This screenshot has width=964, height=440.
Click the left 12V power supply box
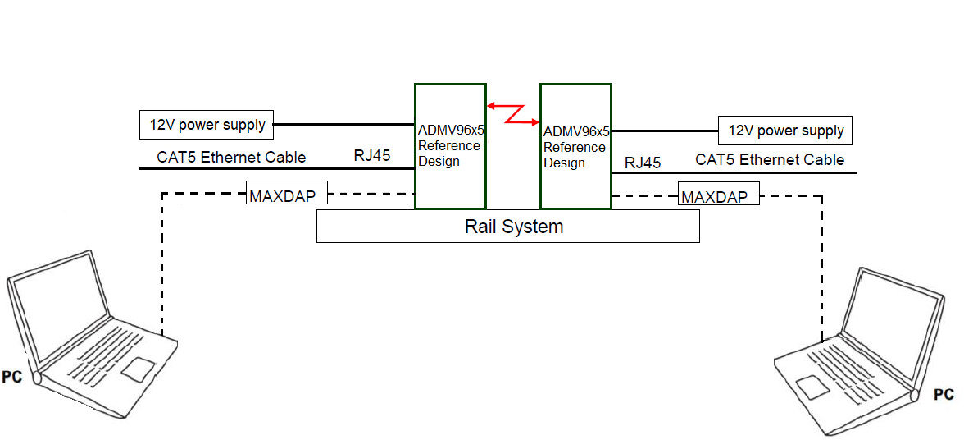coord(207,125)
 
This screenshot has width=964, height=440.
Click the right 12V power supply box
coord(785,131)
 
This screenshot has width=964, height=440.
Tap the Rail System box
coord(507,226)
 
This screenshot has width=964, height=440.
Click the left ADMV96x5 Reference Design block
coord(449,146)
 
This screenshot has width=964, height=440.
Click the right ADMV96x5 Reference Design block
coord(575,146)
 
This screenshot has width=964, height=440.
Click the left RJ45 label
coord(371,155)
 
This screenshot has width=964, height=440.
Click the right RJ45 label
coord(643,163)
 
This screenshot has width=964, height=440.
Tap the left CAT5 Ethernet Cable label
coord(231,157)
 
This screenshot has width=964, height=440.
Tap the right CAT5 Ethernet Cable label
coord(770,159)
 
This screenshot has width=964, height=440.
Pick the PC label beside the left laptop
coord(12,378)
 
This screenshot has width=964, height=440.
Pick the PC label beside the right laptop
coord(944,395)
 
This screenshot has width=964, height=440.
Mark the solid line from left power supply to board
coord(344,125)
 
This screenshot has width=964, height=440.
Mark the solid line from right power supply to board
coord(665,131)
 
